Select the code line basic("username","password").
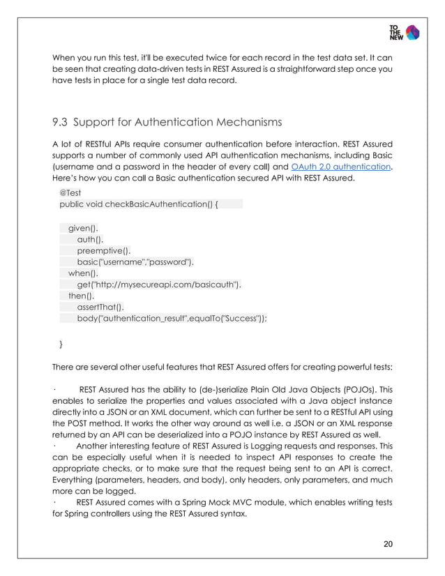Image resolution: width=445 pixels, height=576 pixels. (136, 262)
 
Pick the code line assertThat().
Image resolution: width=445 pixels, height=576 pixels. (101, 307)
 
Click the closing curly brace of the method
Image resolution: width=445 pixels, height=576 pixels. (61, 344)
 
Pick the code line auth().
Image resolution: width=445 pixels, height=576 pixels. (89, 238)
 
